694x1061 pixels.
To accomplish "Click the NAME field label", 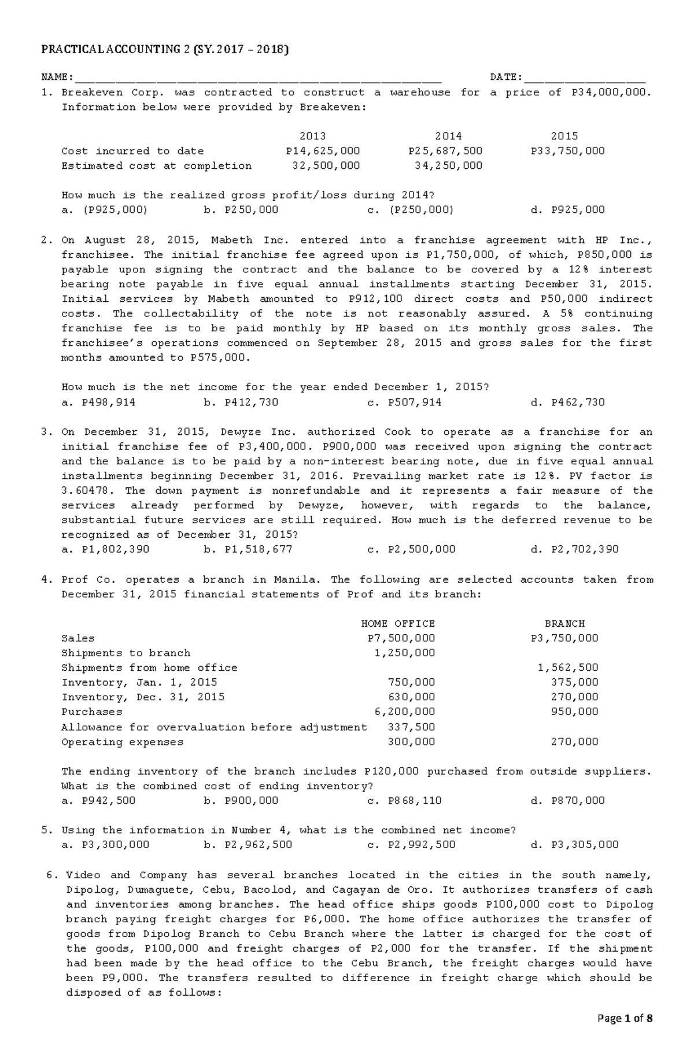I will coord(56,77).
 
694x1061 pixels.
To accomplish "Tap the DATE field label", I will coord(506,77).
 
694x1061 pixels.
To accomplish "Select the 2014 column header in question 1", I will coord(448,136).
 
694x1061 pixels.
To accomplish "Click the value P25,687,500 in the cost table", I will coord(445,151).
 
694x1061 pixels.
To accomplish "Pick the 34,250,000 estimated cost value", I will coord(448,166).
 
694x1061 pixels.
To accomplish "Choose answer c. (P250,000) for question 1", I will coord(411,210).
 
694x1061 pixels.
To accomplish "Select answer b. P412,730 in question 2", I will coord(241,402).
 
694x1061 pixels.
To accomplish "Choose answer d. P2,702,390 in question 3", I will coord(574,549).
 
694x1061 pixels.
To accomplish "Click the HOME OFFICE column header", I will coord(398,624).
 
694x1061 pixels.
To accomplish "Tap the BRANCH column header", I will coord(564,624).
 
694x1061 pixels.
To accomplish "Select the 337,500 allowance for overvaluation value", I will coord(411,727).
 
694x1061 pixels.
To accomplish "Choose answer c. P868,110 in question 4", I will coord(404,801).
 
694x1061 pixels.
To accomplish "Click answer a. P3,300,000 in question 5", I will coord(105,845).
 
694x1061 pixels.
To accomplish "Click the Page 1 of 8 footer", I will coord(625,1034).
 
